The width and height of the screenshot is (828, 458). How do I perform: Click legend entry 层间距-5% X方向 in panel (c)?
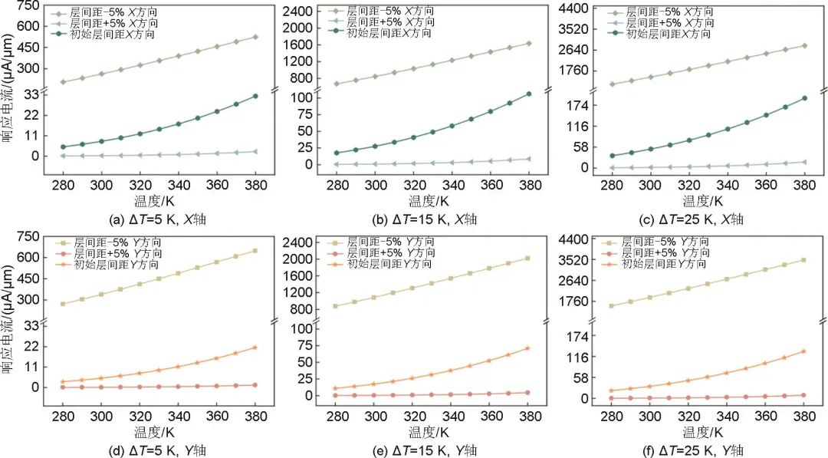click(x=664, y=13)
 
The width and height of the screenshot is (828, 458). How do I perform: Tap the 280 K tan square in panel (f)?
click(x=612, y=305)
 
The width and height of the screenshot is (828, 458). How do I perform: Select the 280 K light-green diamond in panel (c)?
click(x=612, y=84)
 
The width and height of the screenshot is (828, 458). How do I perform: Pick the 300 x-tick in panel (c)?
click(x=650, y=186)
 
